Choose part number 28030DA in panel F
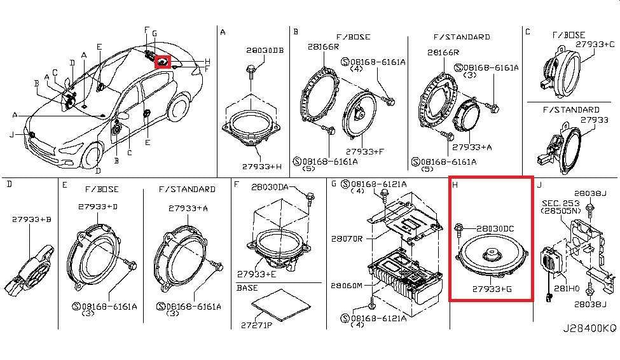(270, 187)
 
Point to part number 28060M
(345, 286)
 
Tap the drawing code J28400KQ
(589, 329)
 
